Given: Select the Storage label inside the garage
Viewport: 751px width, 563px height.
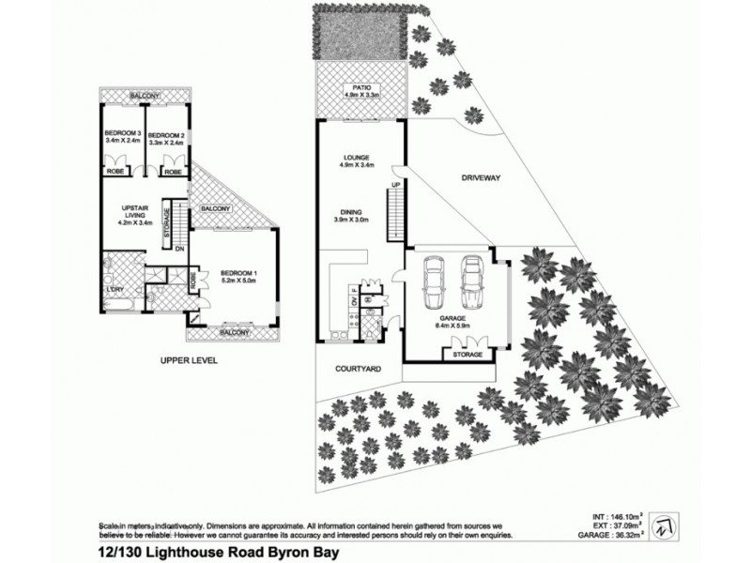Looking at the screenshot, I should pyautogui.click(x=467, y=356).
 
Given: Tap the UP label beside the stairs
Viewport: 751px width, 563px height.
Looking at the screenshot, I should pyautogui.click(x=395, y=188).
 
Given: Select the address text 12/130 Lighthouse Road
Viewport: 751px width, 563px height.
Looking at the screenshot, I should pyautogui.click(x=178, y=552).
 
